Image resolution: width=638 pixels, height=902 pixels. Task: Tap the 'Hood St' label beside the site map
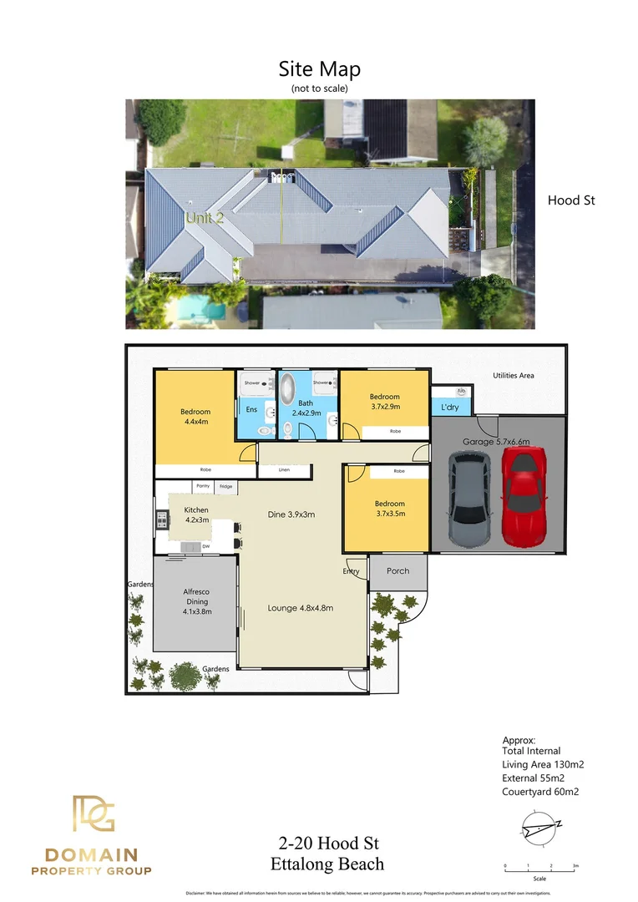point(571,200)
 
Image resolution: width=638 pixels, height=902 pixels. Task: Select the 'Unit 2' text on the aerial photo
point(205,218)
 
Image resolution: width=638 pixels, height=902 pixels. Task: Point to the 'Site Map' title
point(319,69)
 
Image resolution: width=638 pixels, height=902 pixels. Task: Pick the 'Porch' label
point(398,571)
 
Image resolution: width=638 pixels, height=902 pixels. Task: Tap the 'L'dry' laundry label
point(449,408)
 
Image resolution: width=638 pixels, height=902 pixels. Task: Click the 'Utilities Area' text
point(514,376)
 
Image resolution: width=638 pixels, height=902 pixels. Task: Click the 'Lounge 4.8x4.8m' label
point(301,608)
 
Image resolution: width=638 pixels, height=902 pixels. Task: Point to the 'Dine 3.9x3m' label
point(291,514)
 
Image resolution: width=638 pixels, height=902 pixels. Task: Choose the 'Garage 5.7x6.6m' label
point(497,442)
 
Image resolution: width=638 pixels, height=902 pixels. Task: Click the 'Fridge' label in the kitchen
point(225,486)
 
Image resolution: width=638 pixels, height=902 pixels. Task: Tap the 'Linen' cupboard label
point(284,470)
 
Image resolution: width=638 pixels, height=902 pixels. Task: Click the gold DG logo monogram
point(92,814)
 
